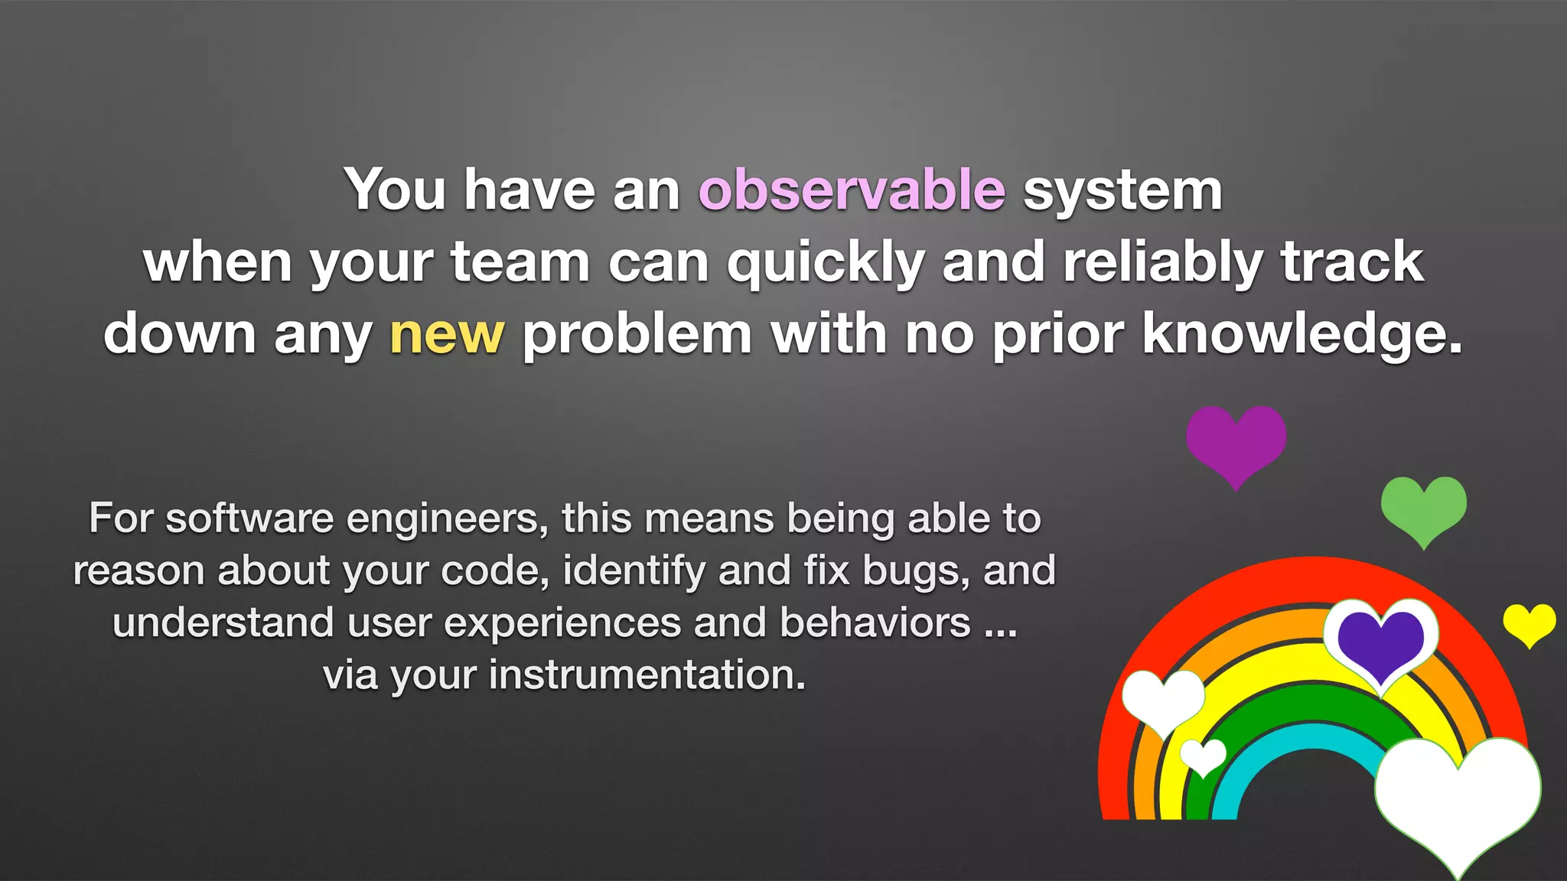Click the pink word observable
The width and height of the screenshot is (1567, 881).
coord(851,190)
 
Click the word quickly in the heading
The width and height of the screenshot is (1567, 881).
coord(826,262)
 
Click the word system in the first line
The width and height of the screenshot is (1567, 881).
coord(1122,190)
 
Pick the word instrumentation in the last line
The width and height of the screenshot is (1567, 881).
coord(647,675)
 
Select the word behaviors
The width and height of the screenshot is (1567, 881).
coord(875,623)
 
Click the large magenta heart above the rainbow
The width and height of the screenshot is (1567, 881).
coord(1236,441)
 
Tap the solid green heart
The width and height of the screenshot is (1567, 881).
coord(1423,507)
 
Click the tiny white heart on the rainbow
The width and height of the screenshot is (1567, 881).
coord(1203,756)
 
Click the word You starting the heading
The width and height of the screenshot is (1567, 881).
coord(395,190)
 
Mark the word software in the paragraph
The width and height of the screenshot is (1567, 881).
coord(249,519)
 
